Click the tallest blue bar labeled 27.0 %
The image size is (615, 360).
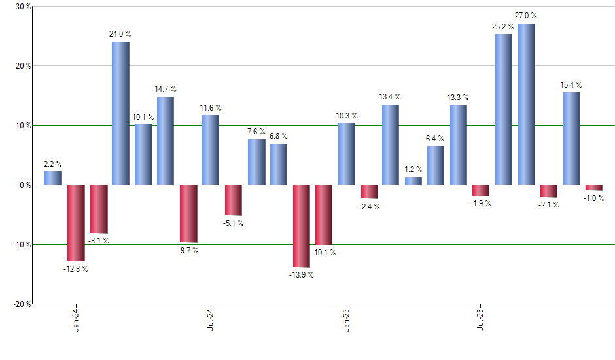[527, 104]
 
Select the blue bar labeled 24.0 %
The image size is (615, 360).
[120, 113]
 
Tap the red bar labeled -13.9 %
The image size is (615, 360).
[301, 226]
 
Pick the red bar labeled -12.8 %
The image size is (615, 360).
[75, 223]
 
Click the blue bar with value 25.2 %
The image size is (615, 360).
[504, 109]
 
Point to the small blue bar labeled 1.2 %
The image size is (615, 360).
[413, 181]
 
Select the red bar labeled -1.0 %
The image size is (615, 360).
[594, 188]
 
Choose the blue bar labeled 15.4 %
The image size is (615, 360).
[571, 139]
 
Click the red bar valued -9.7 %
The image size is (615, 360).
[188, 213]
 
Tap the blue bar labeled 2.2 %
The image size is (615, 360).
[53, 178]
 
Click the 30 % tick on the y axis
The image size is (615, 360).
[24, 7]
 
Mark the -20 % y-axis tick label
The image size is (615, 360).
[22, 304]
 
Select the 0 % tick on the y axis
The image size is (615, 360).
[26, 185]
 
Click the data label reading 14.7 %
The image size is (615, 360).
[166, 89]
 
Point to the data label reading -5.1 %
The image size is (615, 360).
[233, 223]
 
